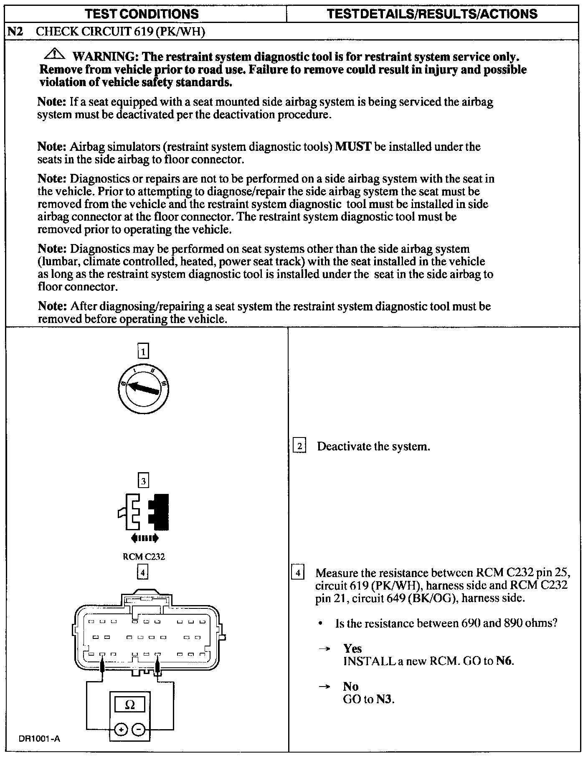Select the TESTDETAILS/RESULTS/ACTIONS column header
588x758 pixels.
pos(432,14)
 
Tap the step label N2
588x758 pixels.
pos(15,32)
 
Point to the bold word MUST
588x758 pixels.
pos(353,147)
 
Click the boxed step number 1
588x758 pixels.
pos(143,351)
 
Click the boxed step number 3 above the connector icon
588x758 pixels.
pos(143,481)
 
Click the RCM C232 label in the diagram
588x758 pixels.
pos(143,557)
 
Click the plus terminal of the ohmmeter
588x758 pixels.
pos(121,730)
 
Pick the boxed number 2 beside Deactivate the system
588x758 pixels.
pos(299,446)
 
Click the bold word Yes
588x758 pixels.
pos(352,648)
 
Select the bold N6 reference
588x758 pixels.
pos(504,661)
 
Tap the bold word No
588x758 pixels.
pos(351,686)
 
